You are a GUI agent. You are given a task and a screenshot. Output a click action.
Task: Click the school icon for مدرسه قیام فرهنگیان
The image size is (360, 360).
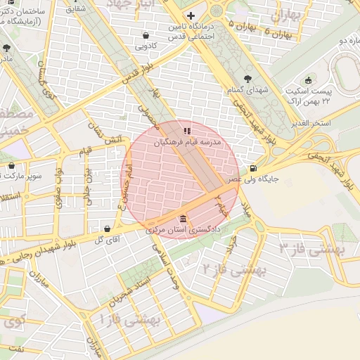pos(186,130)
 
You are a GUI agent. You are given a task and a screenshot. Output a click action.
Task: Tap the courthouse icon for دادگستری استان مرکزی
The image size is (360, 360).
pos(184,218)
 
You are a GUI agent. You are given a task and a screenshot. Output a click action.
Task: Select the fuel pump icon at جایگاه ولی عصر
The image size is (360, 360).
pos(253,168)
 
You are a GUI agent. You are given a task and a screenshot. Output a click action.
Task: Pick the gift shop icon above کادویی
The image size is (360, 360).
pos(146,34)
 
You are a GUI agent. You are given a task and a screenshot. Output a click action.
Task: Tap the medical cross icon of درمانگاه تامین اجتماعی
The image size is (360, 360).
pos(191,15)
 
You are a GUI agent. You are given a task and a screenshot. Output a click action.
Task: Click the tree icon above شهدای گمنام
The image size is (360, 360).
pos(246,79)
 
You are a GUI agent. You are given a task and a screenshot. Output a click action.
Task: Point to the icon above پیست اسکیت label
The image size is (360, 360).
pos(307,79)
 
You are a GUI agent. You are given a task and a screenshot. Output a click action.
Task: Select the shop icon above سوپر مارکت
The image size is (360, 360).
pos(12,166)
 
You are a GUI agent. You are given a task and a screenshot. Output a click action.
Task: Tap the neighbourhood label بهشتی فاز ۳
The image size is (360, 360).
pos(309,247)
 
